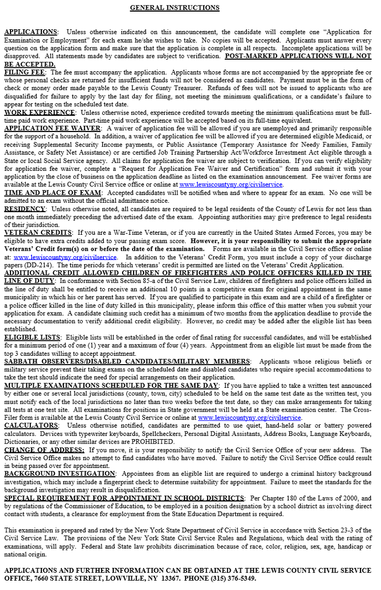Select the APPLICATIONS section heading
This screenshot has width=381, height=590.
tap(30, 32)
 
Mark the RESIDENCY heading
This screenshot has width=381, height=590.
tap(25, 208)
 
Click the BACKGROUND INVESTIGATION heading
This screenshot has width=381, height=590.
tap(60, 473)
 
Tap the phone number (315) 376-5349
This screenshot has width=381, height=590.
tap(229, 578)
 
